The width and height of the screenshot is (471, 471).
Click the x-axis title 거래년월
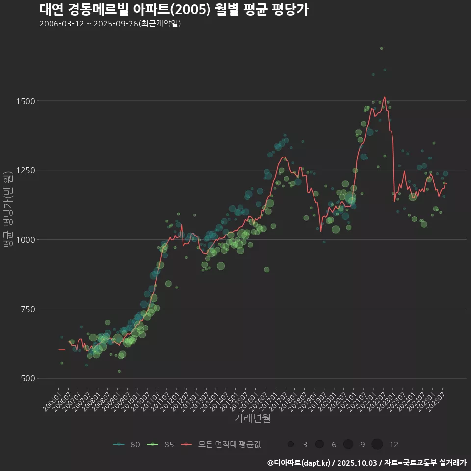tap(252, 419)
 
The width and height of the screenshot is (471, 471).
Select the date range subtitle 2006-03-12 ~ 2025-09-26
tap(110, 24)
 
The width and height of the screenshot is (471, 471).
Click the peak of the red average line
tap(385, 97)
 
